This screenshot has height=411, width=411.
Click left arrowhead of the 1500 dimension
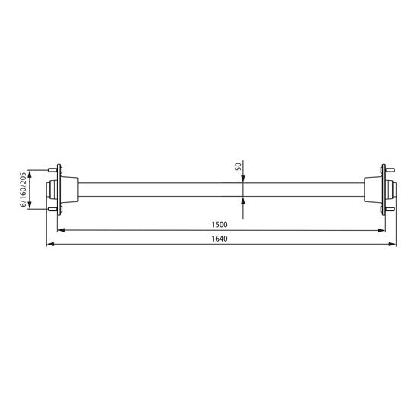coord(63,230)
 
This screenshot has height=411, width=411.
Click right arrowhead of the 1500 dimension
coord(380,230)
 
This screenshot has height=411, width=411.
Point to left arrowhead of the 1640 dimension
coord(49,245)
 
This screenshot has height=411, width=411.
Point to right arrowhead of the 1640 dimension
coord(393,245)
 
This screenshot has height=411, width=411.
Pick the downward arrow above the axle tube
coord(242,179)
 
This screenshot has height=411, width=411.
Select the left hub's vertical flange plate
coord(60,189)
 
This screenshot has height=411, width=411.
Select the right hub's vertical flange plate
coord(384,189)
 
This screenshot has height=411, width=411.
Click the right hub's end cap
coord(393,189)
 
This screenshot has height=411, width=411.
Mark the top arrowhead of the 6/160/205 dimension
coord(29,171)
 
